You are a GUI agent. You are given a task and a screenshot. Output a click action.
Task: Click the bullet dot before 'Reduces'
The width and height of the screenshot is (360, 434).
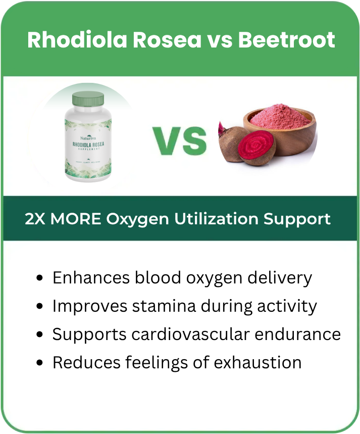pos(41,363)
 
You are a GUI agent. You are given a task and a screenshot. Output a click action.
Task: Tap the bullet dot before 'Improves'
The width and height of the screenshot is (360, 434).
pos(41,307)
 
